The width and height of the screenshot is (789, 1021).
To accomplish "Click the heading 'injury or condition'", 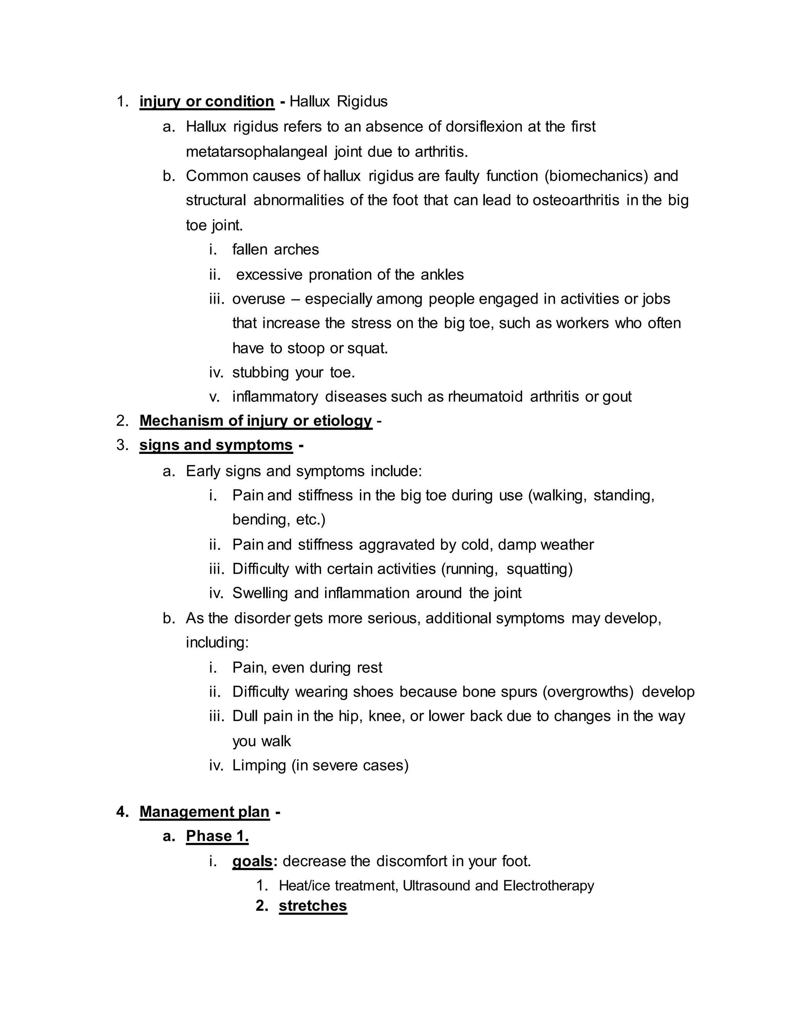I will (206, 101).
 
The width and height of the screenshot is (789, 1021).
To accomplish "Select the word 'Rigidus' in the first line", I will (362, 101).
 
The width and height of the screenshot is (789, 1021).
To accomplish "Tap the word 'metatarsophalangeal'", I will (257, 151).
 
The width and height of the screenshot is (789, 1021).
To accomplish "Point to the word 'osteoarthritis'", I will (576, 200).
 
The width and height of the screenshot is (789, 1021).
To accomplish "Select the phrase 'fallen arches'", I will (275, 249).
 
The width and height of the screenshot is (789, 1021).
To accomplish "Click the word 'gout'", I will (617, 396).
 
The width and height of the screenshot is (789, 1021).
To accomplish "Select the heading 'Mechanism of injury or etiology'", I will (256, 421).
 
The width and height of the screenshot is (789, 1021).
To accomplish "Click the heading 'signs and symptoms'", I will (216, 445).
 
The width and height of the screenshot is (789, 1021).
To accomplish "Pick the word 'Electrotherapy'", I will (548, 885).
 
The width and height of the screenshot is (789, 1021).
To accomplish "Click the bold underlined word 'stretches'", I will (313, 905).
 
